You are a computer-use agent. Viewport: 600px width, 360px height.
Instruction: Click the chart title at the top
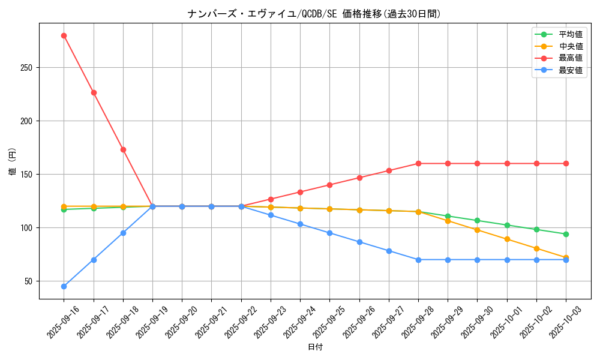314,14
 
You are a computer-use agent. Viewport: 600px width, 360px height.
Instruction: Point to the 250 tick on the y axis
26,68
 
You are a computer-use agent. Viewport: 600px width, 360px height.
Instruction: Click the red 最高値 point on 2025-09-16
64,35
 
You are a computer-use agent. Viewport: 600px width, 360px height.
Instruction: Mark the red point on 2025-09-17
94,92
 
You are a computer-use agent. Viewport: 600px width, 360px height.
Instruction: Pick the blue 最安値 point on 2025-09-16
64,286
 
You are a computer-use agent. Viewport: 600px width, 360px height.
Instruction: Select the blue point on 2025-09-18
123,233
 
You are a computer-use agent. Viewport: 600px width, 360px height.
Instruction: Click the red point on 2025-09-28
418,163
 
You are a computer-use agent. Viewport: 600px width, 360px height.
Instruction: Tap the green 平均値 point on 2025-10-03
566,234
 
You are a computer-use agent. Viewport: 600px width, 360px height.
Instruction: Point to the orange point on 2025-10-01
507,239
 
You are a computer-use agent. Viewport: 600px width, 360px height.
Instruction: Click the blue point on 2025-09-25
329,233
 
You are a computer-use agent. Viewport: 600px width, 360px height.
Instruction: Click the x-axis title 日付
315,347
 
